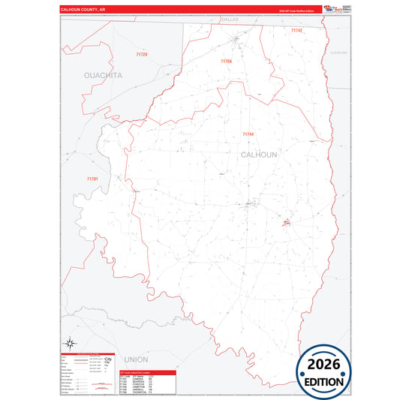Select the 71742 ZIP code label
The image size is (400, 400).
(296, 30)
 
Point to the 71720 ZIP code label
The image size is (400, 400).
(142, 55)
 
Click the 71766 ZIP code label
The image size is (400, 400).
(227, 61)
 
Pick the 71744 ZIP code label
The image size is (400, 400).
(248, 134)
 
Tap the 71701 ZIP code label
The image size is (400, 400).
(92, 179)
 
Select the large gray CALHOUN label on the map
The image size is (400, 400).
(259, 154)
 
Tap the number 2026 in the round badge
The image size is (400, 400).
(325, 364)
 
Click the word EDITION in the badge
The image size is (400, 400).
(325, 381)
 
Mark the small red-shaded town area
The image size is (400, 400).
(286, 222)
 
